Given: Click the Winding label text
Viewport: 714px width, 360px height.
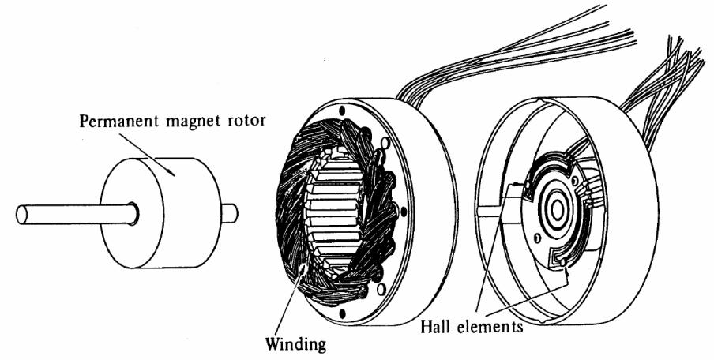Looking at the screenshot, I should (x=293, y=345).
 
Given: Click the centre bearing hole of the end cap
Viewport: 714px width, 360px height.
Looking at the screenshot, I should (x=556, y=210).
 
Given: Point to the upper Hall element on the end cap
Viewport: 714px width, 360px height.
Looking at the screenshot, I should (x=517, y=186).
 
